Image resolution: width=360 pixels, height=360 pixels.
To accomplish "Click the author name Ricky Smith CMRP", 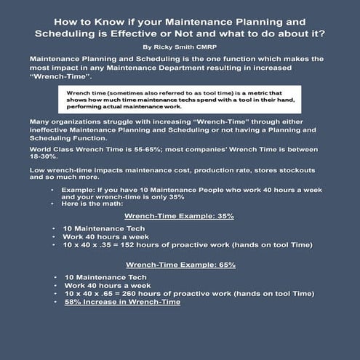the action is coord(180,45).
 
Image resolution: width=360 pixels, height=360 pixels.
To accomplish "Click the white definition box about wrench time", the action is coord(180,99).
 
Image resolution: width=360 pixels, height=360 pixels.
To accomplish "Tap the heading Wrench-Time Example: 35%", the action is coord(180,216).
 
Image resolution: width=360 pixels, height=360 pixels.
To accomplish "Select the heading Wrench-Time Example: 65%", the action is coord(180,265).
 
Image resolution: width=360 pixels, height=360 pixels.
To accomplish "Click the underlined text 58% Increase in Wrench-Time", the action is coord(122,302).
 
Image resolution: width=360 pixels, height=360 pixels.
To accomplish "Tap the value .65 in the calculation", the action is coord(116,294).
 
